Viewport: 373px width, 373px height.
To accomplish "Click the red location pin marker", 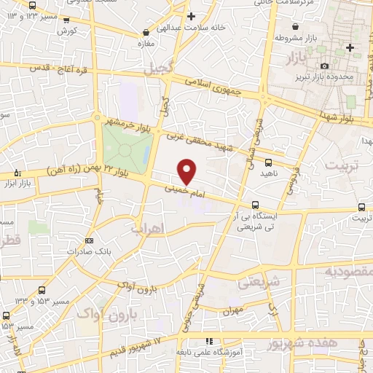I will click(x=187, y=171).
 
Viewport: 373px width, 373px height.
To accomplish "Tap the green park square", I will click(x=126, y=149).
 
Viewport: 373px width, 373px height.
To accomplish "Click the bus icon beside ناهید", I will click(x=268, y=162).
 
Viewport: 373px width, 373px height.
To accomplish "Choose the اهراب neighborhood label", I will click(x=149, y=229).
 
